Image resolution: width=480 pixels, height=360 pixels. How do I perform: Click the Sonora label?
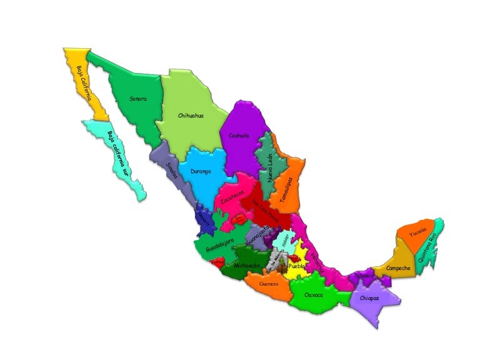pos(138,99)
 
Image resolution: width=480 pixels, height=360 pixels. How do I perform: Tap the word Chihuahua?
pos(191,116)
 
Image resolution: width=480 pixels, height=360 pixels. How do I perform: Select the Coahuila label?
pos(239,135)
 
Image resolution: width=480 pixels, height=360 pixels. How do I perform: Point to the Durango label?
pos(201,171)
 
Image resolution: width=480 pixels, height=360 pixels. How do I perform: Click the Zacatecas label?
pos(232,197)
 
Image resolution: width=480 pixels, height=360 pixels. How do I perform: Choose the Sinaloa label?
pos(172,170)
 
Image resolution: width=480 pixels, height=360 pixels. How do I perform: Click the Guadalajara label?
pos(219,245)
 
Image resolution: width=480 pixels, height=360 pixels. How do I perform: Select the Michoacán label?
pos(246,266)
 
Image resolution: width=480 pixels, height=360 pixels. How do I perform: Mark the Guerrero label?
pos(269,284)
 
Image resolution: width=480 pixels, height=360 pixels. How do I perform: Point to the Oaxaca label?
pos(313,294)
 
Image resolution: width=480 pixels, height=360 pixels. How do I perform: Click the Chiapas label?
pos(369,298)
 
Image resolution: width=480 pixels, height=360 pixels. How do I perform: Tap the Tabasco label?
pos(364,275)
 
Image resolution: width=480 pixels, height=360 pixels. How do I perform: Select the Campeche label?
pos(398,268)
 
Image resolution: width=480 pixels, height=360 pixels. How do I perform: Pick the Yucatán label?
pos(418,232)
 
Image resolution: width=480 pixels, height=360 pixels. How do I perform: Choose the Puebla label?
pos(297,266)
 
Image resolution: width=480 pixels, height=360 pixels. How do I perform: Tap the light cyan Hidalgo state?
pos(285,240)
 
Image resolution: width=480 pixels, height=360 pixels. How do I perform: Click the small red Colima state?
pos(217,263)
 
